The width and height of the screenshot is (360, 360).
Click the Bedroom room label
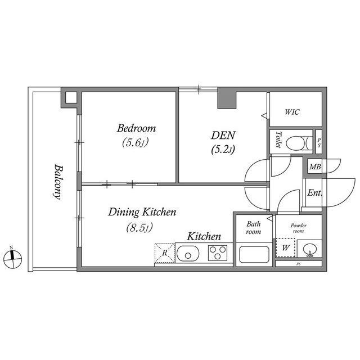(x=136, y=128)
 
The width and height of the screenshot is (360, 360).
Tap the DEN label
(x=223, y=136)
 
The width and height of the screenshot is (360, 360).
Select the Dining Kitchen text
(x=142, y=212)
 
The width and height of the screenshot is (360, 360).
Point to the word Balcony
(x=57, y=182)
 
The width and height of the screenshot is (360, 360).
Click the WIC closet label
(x=292, y=112)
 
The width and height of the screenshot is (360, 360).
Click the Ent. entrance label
(x=314, y=193)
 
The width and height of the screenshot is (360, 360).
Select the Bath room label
(x=254, y=227)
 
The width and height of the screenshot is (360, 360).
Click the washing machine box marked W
(x=285, y=247)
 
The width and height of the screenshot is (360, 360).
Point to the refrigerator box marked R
(x=164, y=253)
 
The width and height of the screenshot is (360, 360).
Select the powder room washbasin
(x=307, y=248)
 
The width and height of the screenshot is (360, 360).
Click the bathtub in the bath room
(x=255, y=254)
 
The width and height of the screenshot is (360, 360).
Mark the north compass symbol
(x=12, y=258)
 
